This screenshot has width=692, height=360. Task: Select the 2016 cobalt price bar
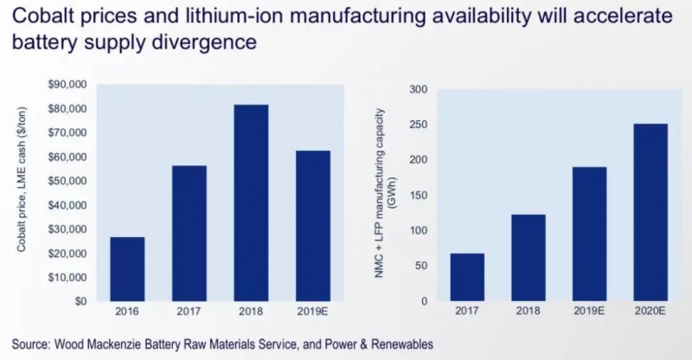126,269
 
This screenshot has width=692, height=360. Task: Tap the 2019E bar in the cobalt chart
317,226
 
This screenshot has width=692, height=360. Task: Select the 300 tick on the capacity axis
418,89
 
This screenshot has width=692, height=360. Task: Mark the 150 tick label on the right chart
418,196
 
